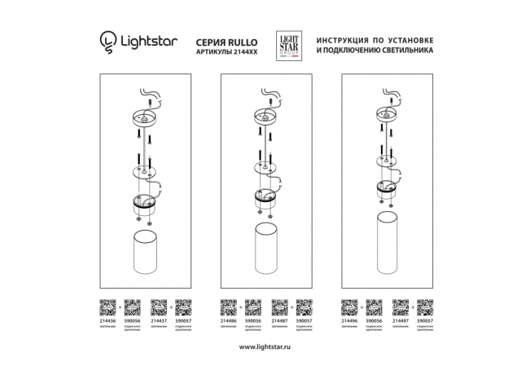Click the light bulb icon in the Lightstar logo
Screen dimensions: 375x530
tap(107, 41)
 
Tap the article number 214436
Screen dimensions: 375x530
tap(107, 321)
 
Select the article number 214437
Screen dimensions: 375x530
tap(158, 321)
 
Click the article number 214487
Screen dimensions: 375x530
tap(280, 321)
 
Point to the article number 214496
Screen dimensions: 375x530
tap(350, 321)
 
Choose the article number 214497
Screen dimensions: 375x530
tap(401, 321)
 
